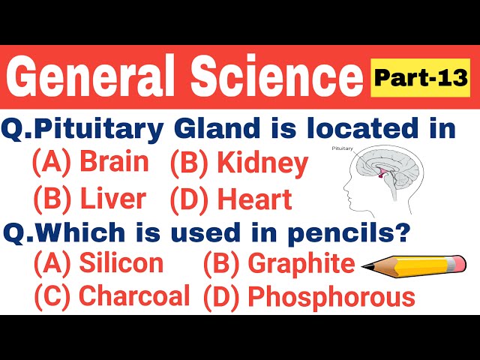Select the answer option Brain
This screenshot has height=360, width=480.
(113, 162)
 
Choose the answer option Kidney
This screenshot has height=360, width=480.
(262, 163)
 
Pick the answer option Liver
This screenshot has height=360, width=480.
(112, 199)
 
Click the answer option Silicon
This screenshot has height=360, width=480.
(120, 263)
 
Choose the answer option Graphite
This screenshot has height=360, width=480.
(301, 263)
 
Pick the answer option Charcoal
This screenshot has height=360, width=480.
(133, 296)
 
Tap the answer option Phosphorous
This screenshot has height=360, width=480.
(331, 297)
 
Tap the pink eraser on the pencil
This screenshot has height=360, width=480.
(456, 264)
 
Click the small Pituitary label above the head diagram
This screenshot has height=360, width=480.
(342, 149)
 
